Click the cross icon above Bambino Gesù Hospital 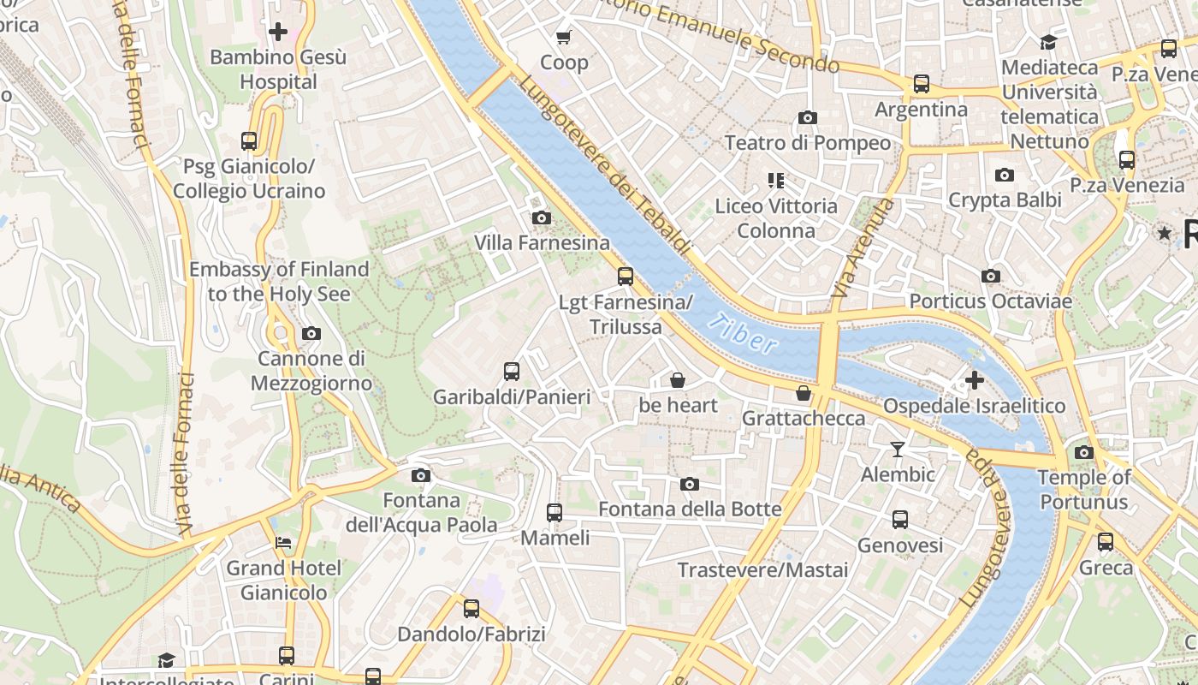[278, 33]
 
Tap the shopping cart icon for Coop [564, 37]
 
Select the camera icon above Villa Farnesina [541, 218]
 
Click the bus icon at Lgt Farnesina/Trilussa [626, 277]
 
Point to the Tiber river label [743, 334]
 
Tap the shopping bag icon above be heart [678, 380]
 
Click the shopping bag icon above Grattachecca [803, 394]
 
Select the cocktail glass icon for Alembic [897, 450]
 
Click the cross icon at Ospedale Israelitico [974, 380]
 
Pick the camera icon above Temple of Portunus [1084, 453]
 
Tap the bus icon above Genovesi [900, 520]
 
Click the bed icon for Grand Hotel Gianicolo [283, 543]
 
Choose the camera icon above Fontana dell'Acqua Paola [420, 476]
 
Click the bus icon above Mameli [555, 513]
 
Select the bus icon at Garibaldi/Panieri [512, 372]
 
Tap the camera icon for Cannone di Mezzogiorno [311, 334]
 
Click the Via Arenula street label [862, 248]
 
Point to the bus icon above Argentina [921, 84]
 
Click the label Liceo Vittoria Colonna [776, 218]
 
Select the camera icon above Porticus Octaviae [990, 277]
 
